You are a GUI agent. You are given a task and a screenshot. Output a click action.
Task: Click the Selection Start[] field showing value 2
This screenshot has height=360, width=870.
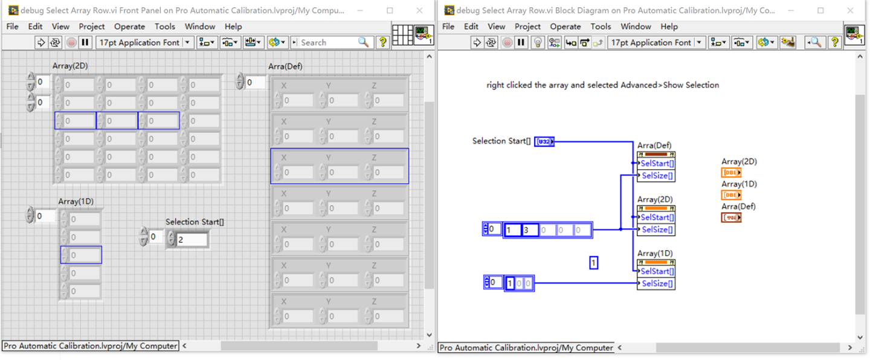tap(192, 240)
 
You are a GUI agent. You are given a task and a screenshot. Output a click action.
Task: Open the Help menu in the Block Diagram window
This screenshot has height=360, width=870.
tap(669, 27)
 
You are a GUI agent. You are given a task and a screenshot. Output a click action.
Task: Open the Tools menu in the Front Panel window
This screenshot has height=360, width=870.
tap(164, 27)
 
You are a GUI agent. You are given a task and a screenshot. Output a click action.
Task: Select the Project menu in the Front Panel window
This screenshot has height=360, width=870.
tap(91, 27)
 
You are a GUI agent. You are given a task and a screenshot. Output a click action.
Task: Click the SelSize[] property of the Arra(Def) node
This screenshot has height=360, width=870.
tap(657, 176)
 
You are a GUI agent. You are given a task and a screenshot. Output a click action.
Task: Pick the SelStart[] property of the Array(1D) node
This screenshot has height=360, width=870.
tap(657, 271)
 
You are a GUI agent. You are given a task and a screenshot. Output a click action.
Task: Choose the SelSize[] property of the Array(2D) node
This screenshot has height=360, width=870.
tap(657, 230)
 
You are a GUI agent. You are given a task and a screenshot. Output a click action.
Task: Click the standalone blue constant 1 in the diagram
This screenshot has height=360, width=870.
tap(593, 263)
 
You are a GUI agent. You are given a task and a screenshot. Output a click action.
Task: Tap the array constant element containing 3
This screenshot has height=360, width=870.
tap(529, 230)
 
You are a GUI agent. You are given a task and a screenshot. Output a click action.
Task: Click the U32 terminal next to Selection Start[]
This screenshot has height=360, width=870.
tap(544, 142)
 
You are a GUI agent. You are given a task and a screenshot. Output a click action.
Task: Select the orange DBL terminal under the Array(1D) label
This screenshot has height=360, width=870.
tap(731, 195)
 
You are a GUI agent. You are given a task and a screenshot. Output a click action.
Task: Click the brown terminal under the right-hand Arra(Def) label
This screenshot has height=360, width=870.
tap(731, 217)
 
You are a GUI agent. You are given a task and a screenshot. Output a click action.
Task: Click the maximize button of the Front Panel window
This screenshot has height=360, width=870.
tap(390, 10)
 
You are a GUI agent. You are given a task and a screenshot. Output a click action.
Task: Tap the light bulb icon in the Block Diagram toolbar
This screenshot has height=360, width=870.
tap(538, 42)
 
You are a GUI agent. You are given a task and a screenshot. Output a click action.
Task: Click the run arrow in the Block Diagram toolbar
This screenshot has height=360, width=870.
tap(477, 42)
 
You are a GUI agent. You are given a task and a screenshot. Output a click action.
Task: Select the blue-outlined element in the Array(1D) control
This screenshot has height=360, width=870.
tap(81, 256)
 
